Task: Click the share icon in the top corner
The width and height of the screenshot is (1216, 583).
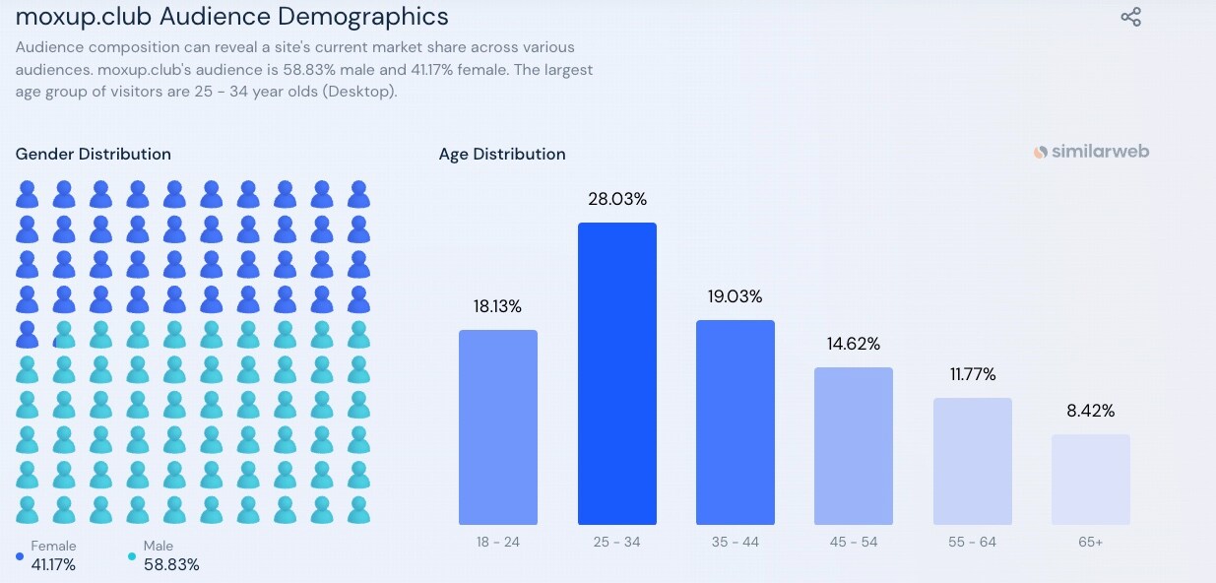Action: [x=1130, y=17]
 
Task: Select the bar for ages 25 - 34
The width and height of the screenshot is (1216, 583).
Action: [x=616, y=373]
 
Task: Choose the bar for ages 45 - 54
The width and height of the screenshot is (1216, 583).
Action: [x=853, y=445]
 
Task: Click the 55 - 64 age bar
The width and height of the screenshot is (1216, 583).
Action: [x=972, y=461]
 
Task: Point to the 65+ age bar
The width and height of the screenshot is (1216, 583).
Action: [x=1090, y=479]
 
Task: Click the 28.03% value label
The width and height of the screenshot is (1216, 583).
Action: [x=617, y=199]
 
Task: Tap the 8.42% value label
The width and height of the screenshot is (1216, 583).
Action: [x=1090, y=411]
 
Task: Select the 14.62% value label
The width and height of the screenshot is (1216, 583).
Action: [x=853, y=344]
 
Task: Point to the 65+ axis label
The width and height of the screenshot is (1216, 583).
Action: [x=1090, y=543]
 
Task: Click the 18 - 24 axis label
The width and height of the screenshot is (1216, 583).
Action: [x=498, y=543]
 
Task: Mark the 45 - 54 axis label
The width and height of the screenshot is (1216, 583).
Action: [x=853, y=543]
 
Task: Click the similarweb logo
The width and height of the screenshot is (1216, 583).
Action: [x=1091, y=152]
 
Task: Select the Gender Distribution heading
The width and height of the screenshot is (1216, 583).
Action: [x=94, y=154]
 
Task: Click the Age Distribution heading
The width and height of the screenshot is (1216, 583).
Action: [x=502, y=154]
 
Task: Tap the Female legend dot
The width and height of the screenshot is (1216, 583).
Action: [x=20, y=556]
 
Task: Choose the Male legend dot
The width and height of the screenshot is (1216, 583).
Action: [x=132, y=556]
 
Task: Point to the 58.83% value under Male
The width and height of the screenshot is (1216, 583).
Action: [x=171, y=564]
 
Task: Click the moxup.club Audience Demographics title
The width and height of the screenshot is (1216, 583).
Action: [x=231, y=17]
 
